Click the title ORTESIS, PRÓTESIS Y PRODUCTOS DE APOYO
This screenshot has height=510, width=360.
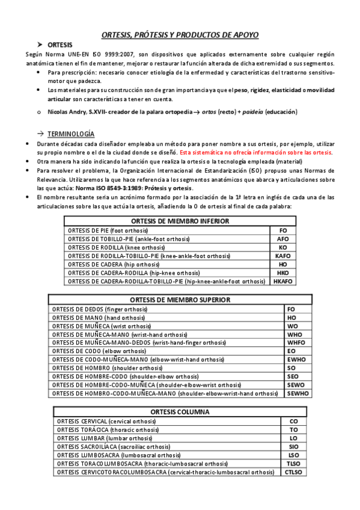pos(180,35)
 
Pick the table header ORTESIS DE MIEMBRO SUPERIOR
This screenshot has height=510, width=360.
pos(180,300)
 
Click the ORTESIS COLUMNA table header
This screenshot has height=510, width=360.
pos(180,413)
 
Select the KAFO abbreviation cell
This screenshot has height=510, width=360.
pos(282,256)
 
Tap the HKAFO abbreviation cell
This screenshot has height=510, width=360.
pos(282,281)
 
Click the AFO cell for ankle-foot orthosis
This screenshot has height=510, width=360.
pos(282,239)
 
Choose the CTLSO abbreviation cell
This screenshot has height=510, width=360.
pos(293,472)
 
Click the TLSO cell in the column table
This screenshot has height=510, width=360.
pos(293,464)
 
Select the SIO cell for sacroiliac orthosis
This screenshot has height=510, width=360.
pos(293,447)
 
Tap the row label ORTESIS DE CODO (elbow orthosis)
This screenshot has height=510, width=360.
pos(99,351)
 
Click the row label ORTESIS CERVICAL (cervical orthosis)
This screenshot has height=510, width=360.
pos(99,422)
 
